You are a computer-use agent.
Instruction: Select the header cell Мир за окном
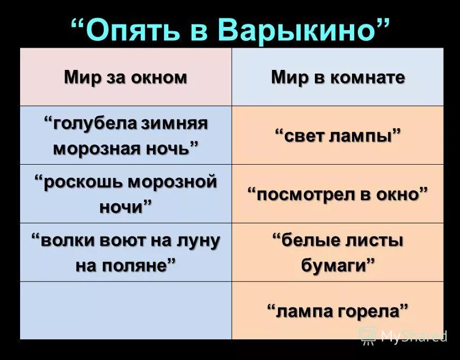(125, 77)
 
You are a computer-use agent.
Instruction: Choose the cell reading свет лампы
(338, 136)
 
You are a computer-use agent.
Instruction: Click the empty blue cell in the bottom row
(125, 310)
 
